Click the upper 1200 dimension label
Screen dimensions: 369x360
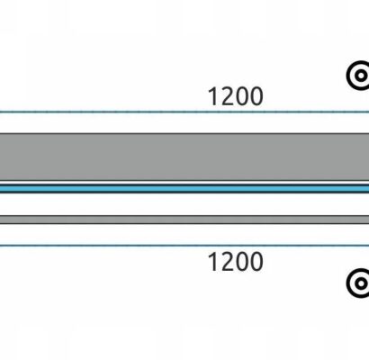click(236, 96)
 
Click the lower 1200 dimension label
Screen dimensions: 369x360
click(236, 262)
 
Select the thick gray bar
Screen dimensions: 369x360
click(184, 157)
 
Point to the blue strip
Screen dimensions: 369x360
click(184, 189)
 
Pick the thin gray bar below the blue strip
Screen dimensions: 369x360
click(184, 220)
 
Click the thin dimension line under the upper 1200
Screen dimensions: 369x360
click(184, 112)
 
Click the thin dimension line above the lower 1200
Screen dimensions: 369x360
click(184, 246)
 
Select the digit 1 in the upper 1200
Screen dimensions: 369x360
click(213, 96)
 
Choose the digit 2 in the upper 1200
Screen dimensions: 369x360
click(227, 96)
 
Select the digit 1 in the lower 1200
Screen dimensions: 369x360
click(213, 262)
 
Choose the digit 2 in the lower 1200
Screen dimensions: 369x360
click(227, 262)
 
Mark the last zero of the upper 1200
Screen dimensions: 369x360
click(256, 96)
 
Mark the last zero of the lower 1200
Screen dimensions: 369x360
click(256, 262)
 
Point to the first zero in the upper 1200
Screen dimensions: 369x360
click(242, 96)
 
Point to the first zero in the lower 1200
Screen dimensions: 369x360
click(242, 262)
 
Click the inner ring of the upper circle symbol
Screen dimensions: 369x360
click(356, 75)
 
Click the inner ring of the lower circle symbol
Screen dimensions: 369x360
click(356, 283)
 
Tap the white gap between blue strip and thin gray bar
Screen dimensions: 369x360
click(184, 204)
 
